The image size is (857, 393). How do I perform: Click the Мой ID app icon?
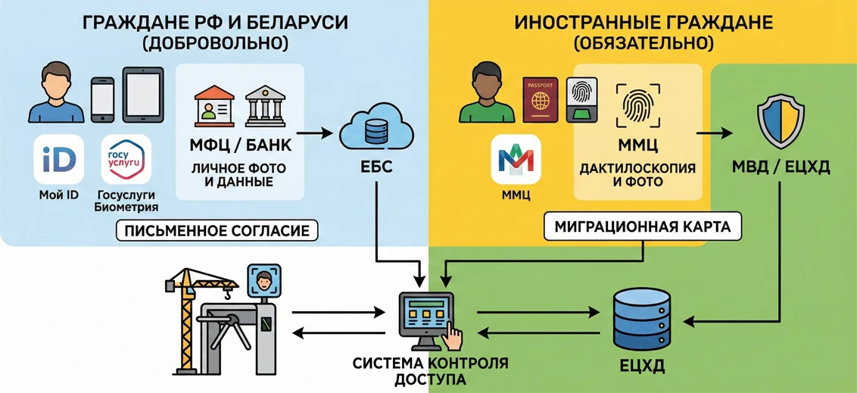pos(59,159)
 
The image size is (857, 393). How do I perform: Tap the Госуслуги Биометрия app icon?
pos(126,159)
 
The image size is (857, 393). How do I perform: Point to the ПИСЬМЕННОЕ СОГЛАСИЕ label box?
pos(217,231)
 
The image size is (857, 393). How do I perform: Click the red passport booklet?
pos(540,100)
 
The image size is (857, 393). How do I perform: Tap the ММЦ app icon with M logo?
pos(516,159)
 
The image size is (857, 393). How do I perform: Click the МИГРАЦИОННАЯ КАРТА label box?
pos(644,226)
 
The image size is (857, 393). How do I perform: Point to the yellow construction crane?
pos(186,318)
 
